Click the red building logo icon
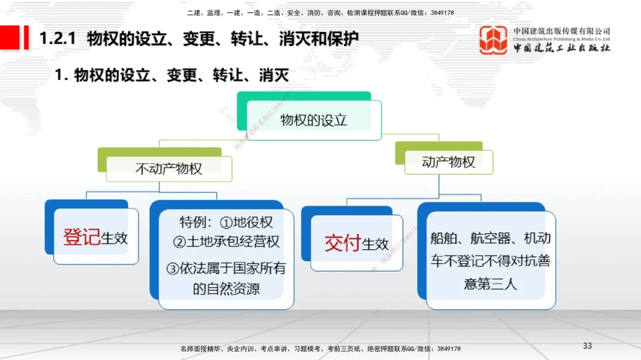493,40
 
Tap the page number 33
587,346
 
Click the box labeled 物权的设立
313,120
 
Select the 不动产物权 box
169,168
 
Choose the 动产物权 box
449,162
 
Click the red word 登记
81,237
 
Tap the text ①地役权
246,222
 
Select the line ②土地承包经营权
226,242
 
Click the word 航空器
491,238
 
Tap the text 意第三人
490,283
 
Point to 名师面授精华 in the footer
201,348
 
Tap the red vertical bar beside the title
26,38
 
